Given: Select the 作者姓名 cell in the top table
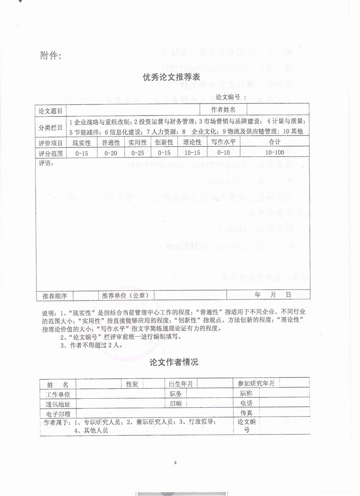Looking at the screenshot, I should tap(223, 110).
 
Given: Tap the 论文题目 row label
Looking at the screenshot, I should tap(51, 110).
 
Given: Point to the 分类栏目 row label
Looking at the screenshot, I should tap(51, 126).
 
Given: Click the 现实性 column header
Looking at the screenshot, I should tap(82, 143).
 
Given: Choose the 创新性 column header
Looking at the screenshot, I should tap(164, 143).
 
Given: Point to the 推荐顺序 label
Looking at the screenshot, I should tap(52, 295).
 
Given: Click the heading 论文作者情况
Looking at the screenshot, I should tap(174, 362).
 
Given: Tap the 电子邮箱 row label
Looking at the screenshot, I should tap(58, 413).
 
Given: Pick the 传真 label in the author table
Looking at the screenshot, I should tap(246, 412).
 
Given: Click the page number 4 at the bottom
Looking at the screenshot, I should tap(174, 463).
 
